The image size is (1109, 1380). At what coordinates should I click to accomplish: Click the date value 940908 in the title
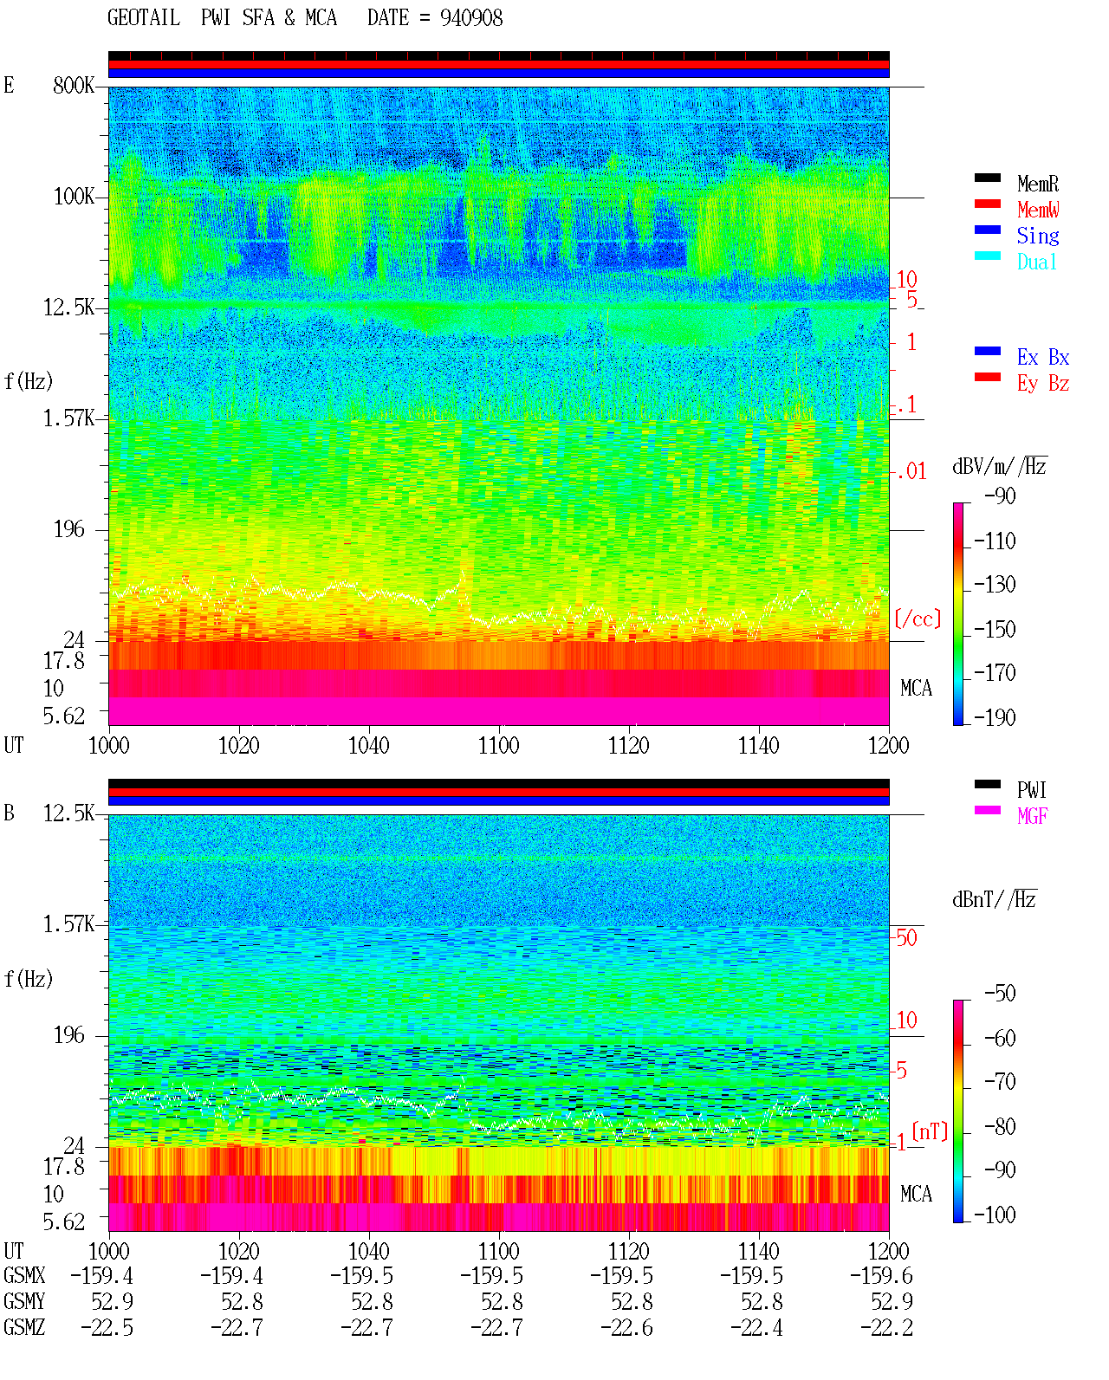tap(471, 18)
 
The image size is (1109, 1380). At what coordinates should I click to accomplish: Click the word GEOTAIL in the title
tap(144, 18)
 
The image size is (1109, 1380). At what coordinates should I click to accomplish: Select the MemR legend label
tap(1038, 184)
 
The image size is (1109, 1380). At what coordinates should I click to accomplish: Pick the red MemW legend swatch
tap(987, 204)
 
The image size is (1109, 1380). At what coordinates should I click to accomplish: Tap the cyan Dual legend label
tap(1036, 262)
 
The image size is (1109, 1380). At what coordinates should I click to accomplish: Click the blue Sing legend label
tap(1038, 236)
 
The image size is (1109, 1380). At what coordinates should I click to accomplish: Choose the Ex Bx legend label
tap(1043, 357)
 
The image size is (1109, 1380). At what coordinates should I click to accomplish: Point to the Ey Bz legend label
tap(1043, 383)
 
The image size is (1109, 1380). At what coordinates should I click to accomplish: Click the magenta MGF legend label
tap(1032, 816)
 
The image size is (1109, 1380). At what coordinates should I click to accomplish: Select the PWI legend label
tap(1031, 789)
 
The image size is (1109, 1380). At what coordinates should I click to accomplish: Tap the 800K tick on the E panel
tap(74, 85)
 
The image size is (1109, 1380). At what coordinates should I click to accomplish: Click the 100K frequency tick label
tap(74, 197)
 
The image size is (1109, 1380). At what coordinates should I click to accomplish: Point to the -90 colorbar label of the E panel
tap(1000, 496)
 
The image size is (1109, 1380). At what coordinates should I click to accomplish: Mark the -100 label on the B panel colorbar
tap(995, 1215)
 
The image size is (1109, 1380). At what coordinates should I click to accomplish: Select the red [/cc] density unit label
tap(918, 619)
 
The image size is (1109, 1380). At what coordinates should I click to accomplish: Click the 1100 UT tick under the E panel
tap(498, 745)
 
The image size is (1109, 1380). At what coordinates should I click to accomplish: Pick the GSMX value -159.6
tap(880, 1276)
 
